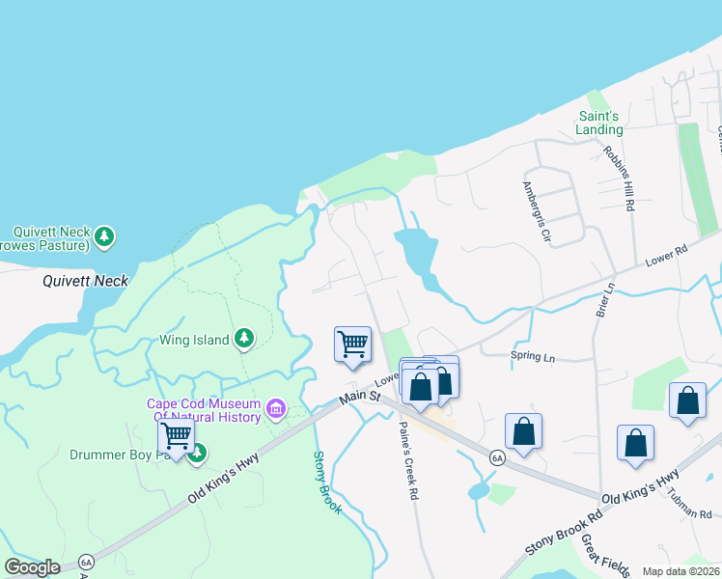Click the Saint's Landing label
(x=599, y=123)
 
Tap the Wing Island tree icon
(x=245, y=338)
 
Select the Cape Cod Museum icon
(x=276, y=410)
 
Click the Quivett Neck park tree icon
(x=105, y=235)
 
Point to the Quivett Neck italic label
(x=86, y=281)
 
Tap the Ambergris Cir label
(x=536, y=210)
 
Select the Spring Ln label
(x=533, y=358)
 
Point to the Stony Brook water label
(x=327, y=482)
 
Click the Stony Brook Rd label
(x=564, y=528)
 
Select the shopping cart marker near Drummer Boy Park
(x=176, y=436)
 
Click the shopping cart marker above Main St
(x=352, y=345)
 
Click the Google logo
(x=32, y=567)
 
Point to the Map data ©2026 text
(x=680, y=571)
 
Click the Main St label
(x=359, y=393)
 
